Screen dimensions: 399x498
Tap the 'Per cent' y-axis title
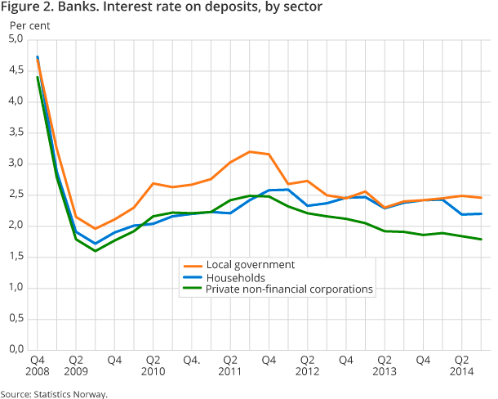pyautogui.click(x=29, y=25)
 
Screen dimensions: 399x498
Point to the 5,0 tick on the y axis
pyautogui.click(x=16, y=39)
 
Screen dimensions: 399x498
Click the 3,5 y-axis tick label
pyautogui.click(x=16, y=132)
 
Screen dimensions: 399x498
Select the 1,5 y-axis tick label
pyautogui.click(x=16, y=257)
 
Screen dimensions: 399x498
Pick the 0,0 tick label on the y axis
pyautogui.click(x=16, y=350)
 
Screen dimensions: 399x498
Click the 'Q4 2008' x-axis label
pyautogui.click(x=38, y=365)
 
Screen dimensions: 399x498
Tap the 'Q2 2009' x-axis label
pyautogui.click(x=76, y=365)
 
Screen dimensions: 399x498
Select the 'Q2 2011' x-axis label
pyautogui.click(x=230, y=365)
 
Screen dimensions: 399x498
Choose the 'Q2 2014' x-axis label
pyautogui.click(x=462, y=365)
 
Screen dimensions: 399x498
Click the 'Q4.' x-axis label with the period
pyautogui.click(x=192, y=360)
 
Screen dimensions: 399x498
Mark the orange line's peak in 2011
pyautogui.click(x=250, y=151)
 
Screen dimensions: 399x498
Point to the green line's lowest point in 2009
pyautogui.click(x=96, y=250)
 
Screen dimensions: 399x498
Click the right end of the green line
pyautogui.click(x=481, y=240)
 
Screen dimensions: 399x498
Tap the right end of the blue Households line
pyautogui.click(x=481, y=213)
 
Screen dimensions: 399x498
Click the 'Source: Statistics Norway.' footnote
pyautogui.click(x=54, y=393)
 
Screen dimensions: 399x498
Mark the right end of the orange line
pyautogui.click(x=481, y=198)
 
